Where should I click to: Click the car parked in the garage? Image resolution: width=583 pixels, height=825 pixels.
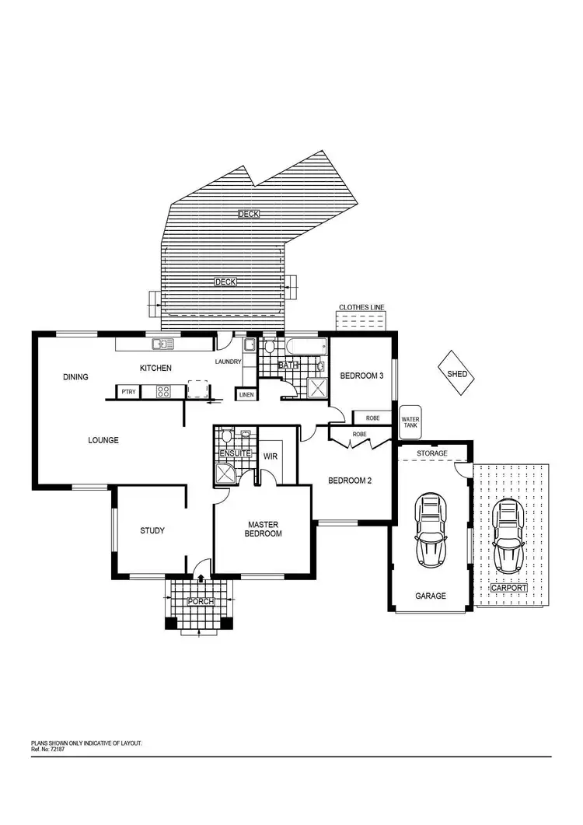pos(430,530)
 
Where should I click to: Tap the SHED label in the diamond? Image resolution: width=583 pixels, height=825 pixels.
pos(457,374)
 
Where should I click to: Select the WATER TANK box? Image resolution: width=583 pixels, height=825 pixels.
pos(410,422)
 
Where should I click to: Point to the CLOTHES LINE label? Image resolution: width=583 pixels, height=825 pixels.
pos(361,308)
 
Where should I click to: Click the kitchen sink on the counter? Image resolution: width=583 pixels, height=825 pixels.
pos(163,344)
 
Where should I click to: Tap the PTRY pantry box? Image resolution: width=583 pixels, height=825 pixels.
pos(128,392)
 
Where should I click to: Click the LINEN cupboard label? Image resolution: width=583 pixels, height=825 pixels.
pos(246,395)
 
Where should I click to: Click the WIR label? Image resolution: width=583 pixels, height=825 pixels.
pos(271,456)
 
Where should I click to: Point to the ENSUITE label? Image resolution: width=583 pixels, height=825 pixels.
pos(235,453)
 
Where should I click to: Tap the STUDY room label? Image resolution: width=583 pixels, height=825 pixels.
pos(152,531)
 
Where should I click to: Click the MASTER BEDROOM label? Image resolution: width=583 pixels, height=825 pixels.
pos(264,530)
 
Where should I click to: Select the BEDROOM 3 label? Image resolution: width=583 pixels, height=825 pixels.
pos(361,376)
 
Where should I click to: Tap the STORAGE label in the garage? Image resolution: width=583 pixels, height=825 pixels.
pos(431,453)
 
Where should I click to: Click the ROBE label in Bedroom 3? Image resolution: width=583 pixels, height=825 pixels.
pos(373,418)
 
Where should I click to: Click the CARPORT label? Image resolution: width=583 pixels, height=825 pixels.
pos(508,589)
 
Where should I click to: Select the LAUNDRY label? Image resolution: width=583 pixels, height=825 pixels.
pos(229,362)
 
